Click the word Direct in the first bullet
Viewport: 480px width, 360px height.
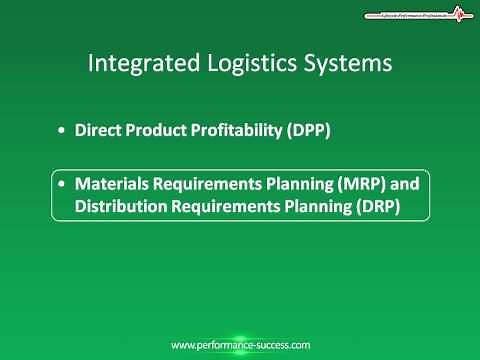pos(97,130)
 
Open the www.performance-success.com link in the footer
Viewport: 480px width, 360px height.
pos(240,345)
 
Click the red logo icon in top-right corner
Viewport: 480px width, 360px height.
pos(459,15)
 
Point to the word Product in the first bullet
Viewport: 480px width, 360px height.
pos(149,130)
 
